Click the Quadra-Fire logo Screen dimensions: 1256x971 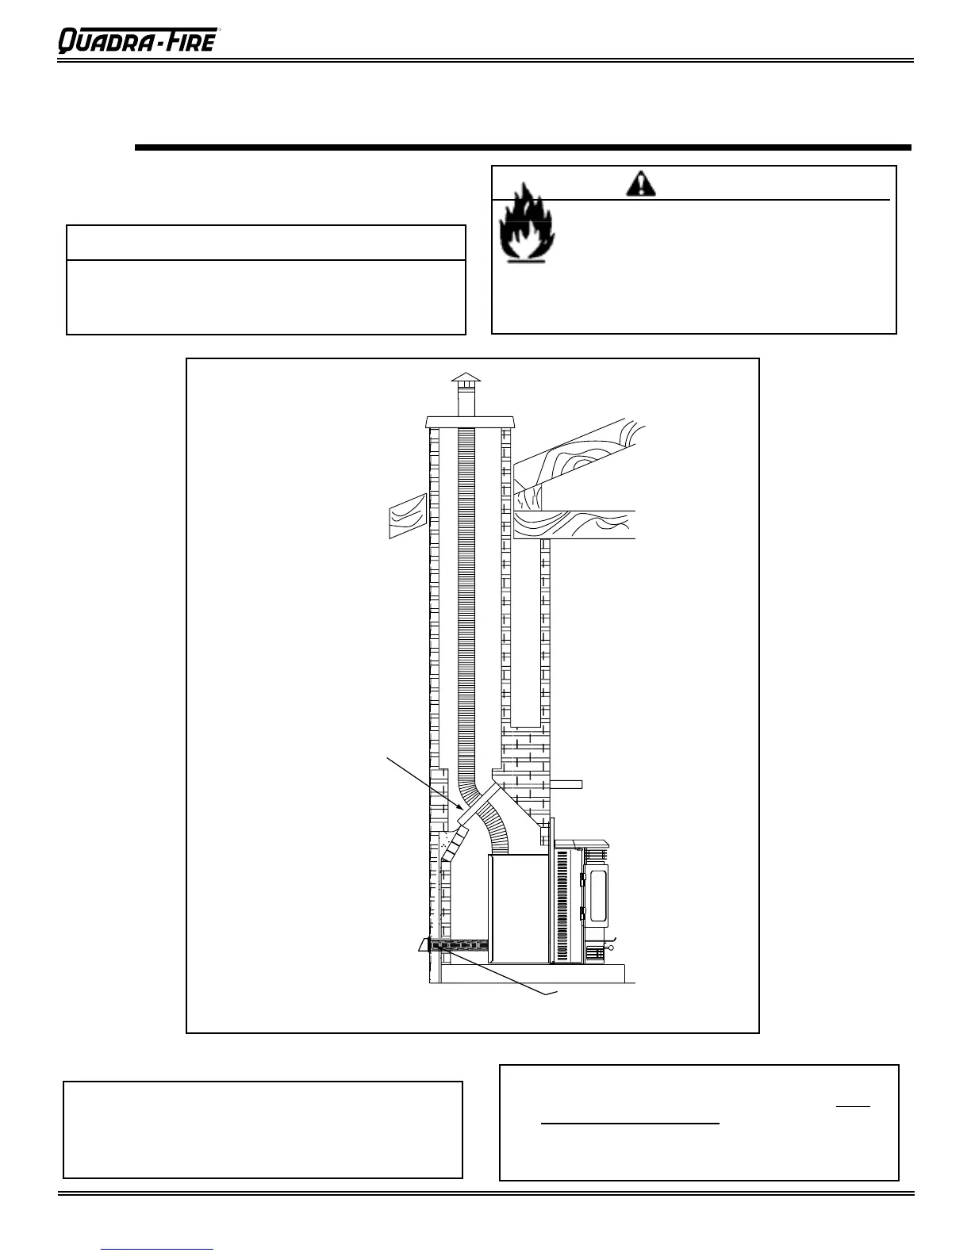coord(136,40)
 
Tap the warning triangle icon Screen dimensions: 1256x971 coord(640,183)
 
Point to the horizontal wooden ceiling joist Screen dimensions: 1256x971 coord(574,525)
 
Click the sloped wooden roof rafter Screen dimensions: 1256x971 coord(579,456)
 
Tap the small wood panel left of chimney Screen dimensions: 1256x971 coord(408,515)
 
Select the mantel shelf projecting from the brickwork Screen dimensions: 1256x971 coord(566,784)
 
